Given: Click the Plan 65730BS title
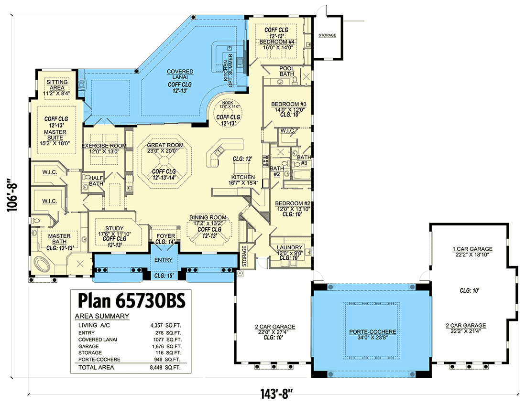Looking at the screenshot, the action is pos(131,300).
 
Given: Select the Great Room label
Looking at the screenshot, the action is pos(165,145).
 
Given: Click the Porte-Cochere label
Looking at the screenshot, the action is pos(373,331).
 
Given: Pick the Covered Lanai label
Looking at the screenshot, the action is pos(180,74).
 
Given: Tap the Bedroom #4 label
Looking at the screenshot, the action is pos(277,42).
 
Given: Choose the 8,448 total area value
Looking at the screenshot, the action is pos(156,368).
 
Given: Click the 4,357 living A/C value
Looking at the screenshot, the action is pos(156,325).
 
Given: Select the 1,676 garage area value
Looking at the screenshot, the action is pos(158,346).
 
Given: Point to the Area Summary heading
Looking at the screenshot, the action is pos(102,316).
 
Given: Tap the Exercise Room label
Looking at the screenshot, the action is pos(104,146).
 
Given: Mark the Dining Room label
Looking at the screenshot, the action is pos(208,217).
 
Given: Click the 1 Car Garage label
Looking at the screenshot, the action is pos(472,249).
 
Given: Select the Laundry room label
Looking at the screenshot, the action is pos(289,247).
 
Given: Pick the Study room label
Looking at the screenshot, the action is pos(114,228).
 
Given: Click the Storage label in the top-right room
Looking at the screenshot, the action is pos(327,35).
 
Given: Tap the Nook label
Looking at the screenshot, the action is pos(228,103).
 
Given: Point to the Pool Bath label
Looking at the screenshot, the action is pos(287,71).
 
